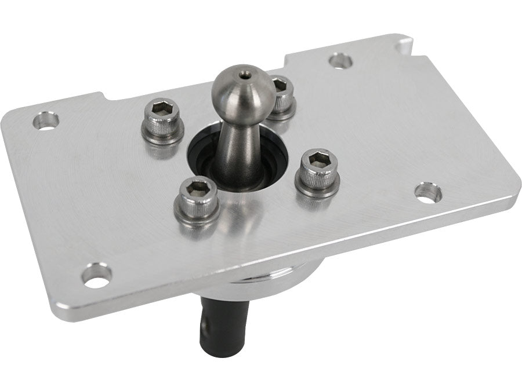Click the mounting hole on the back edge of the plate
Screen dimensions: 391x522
point(340,60)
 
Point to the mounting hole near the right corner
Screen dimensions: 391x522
point(428,193)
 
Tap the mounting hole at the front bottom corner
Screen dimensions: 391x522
point(96,274)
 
